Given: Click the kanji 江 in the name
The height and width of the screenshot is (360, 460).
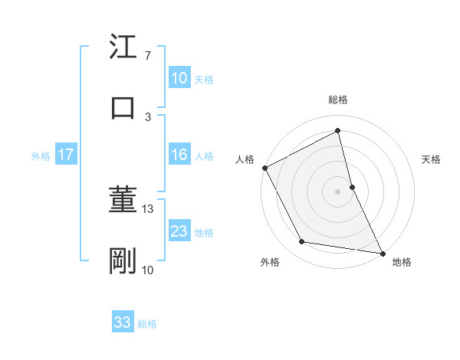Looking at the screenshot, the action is (x=123, y=47).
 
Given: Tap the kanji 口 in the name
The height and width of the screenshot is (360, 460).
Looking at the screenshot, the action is (x=123, y=107).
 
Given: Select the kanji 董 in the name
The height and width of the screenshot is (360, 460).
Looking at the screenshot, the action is (x=123, y=201).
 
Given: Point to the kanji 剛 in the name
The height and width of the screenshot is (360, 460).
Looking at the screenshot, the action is (x=123, y=261).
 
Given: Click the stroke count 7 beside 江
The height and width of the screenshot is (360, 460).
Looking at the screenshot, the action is (x=147, y=56).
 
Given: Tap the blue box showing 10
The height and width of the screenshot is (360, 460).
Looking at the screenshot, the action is (x=179, y=78).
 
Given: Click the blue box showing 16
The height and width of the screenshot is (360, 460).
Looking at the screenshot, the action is (x=179, y=155).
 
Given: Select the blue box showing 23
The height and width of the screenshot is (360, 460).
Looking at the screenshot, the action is (x=179, y=231).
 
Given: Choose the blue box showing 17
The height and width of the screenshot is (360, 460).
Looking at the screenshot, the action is (x=66, y=155).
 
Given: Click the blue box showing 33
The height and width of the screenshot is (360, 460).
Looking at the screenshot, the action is (x=123, y=323).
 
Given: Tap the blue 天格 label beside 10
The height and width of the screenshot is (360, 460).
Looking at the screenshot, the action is (x=204, y=79).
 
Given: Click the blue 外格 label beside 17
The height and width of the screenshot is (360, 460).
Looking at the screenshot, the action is (x=41, y=155).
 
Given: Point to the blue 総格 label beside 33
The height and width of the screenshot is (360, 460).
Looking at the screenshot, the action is (x=147, y=324).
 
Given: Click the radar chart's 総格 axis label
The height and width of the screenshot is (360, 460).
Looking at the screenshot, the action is (x=338, y=100).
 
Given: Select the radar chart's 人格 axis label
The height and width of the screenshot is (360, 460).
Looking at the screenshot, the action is (x=245, y=159).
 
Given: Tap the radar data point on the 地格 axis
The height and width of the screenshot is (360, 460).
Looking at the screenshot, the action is (x=382, y=253).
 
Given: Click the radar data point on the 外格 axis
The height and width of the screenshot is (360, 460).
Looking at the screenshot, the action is (x=302, y=242).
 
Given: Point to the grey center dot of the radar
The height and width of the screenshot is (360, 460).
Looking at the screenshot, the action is (x=338, y=191).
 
